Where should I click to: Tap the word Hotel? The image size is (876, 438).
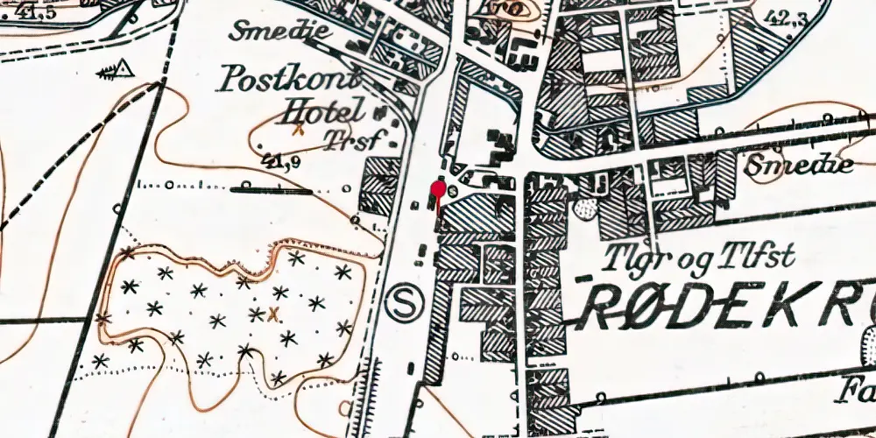[x=321, y=111]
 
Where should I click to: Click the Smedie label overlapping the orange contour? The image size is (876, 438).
[x=796, y=165]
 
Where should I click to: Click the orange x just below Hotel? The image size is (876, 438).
[x=299, y=130]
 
